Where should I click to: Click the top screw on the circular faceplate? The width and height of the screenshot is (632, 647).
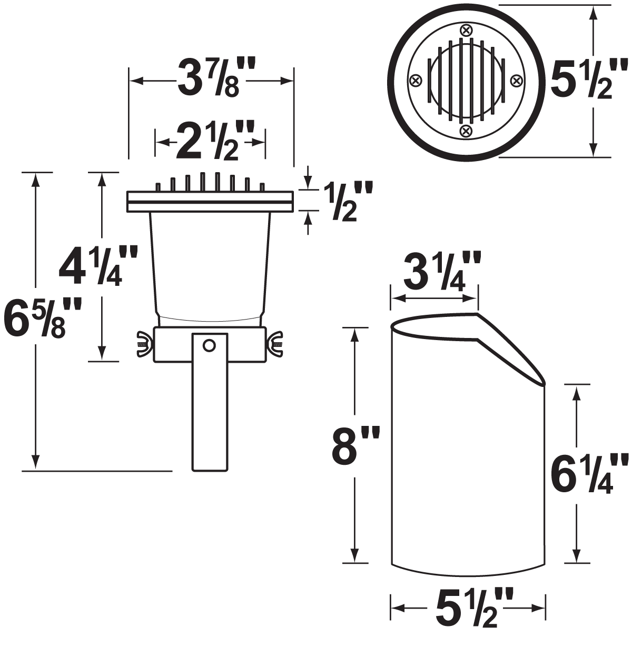coord(466,30)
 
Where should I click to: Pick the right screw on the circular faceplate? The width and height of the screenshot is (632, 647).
coord(517,81)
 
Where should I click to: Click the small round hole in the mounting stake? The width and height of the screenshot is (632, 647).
coord(209,345)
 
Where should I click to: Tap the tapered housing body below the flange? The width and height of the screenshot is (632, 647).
coord(210,263)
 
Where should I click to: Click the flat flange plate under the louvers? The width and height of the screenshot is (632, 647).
coord(210,202)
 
